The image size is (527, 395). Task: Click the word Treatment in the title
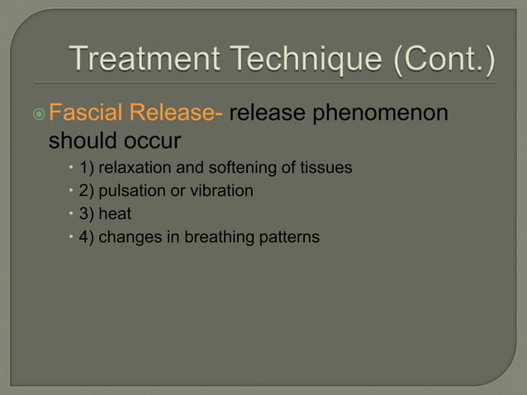click(136, 59)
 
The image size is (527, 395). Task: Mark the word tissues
click(326, 168)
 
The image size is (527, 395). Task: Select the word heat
click(116, 214)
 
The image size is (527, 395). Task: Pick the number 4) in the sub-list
click(86, 237)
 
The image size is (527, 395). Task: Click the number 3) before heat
click(86, 214)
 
